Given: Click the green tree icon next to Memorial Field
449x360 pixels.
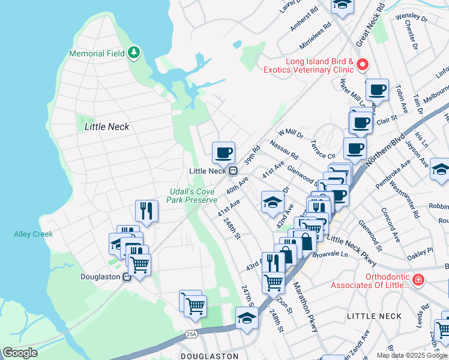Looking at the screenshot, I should [x=134, y=53].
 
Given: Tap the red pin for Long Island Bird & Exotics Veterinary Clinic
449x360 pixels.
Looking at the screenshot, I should [x=362, y=64].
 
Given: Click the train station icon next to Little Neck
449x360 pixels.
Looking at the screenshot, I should [x=231, y=171].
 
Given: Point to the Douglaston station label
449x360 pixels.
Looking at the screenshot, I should [x=101, y=277].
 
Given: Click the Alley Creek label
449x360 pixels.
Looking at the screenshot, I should [x=33, y=234].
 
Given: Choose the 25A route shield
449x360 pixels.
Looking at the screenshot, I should [x=191, y=334].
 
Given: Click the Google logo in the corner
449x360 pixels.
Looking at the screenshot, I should [x=20, y=353].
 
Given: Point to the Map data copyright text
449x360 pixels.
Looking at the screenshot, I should [x=412, y=355].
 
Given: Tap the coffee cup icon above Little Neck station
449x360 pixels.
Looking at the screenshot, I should [x=223, y=153].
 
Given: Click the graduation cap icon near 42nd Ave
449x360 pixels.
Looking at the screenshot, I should [x=273, y=202].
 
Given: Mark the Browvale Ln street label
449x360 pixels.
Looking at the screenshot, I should [x=331, y=254].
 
